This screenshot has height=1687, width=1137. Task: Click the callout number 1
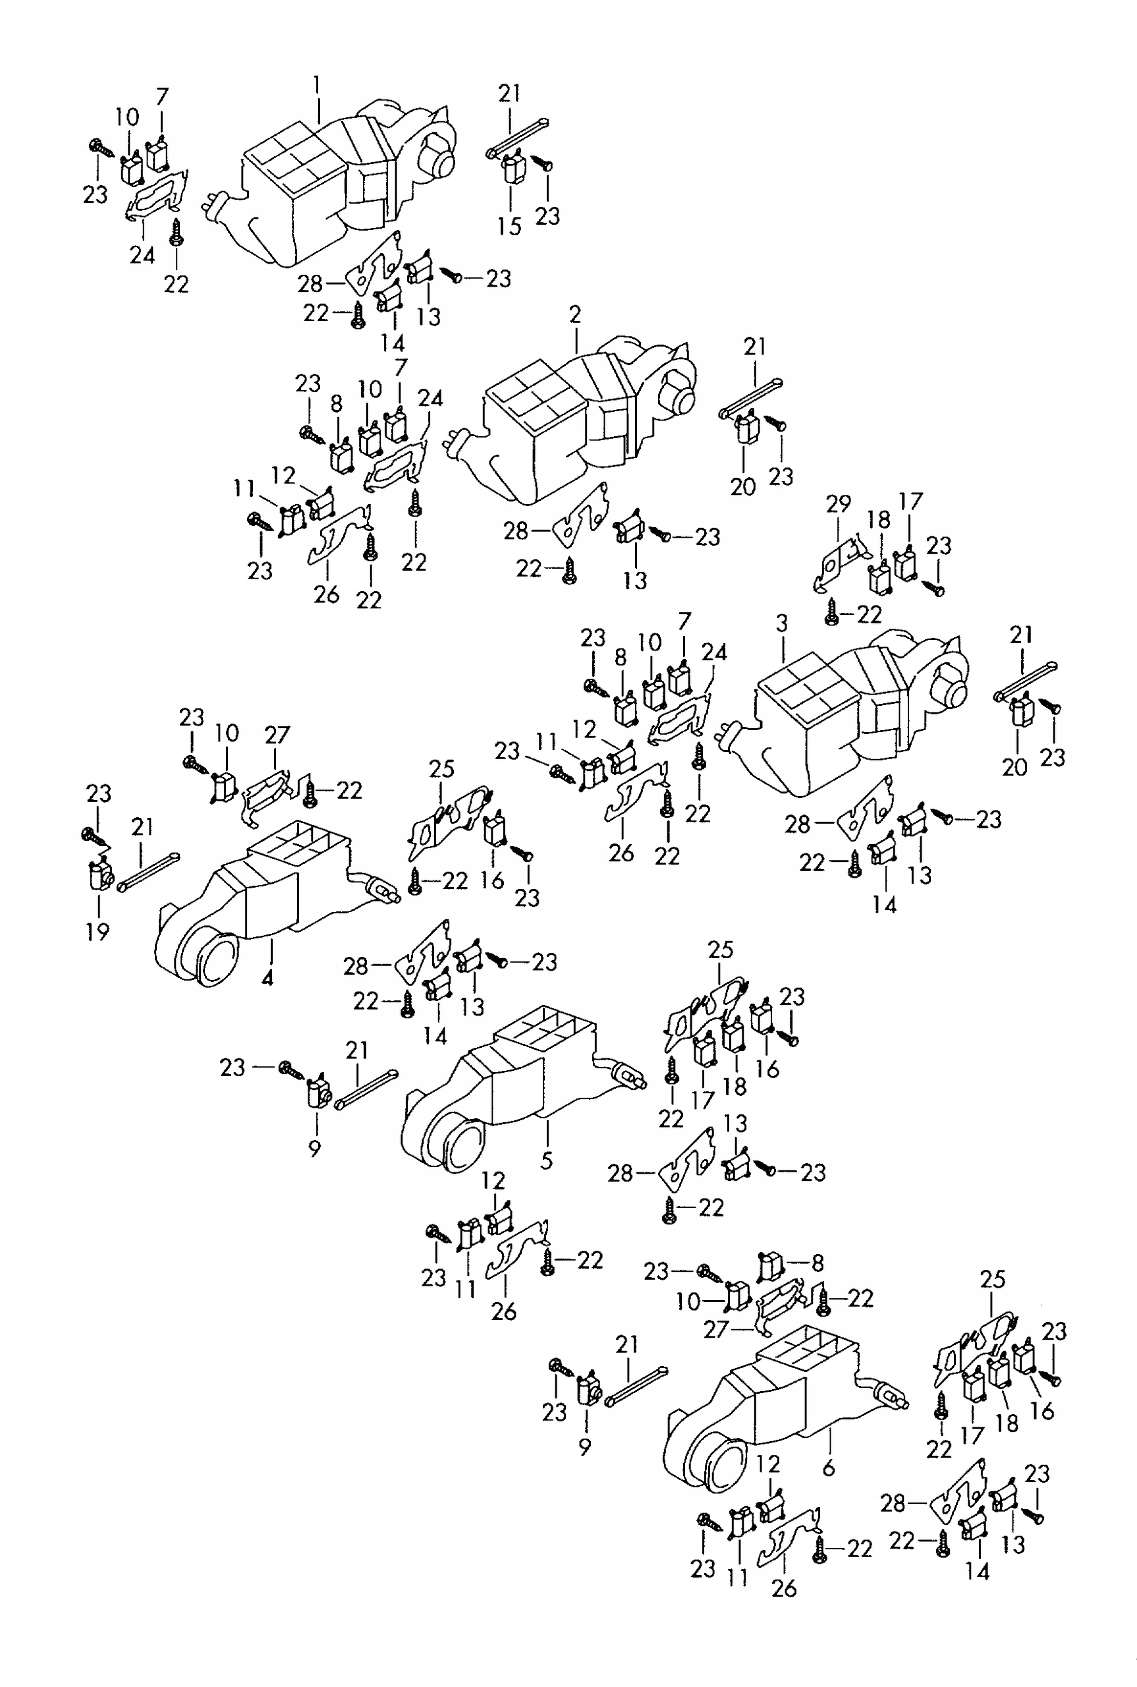(316, 86)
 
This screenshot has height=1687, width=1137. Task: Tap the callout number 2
(575, 315)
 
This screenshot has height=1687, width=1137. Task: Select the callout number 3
(782, 624)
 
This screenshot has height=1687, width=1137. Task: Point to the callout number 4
(267, 978)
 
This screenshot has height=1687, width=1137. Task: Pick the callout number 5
(547, 1160)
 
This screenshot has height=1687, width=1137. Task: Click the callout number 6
(829, 1468)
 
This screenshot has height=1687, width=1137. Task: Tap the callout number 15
(509, 226)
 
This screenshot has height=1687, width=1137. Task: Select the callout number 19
(97, 931)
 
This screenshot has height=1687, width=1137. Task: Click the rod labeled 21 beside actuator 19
(148, 872)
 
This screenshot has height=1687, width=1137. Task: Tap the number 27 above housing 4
(277, 735)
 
